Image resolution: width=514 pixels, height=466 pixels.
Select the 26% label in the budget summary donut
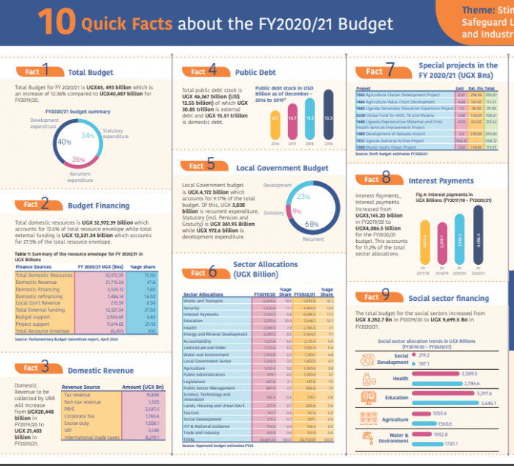[79, 159]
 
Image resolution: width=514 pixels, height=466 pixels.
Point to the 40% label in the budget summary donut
[63, 142]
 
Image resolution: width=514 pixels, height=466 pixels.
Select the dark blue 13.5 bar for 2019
[327, 120]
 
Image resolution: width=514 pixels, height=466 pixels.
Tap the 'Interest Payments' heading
[441, 181]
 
